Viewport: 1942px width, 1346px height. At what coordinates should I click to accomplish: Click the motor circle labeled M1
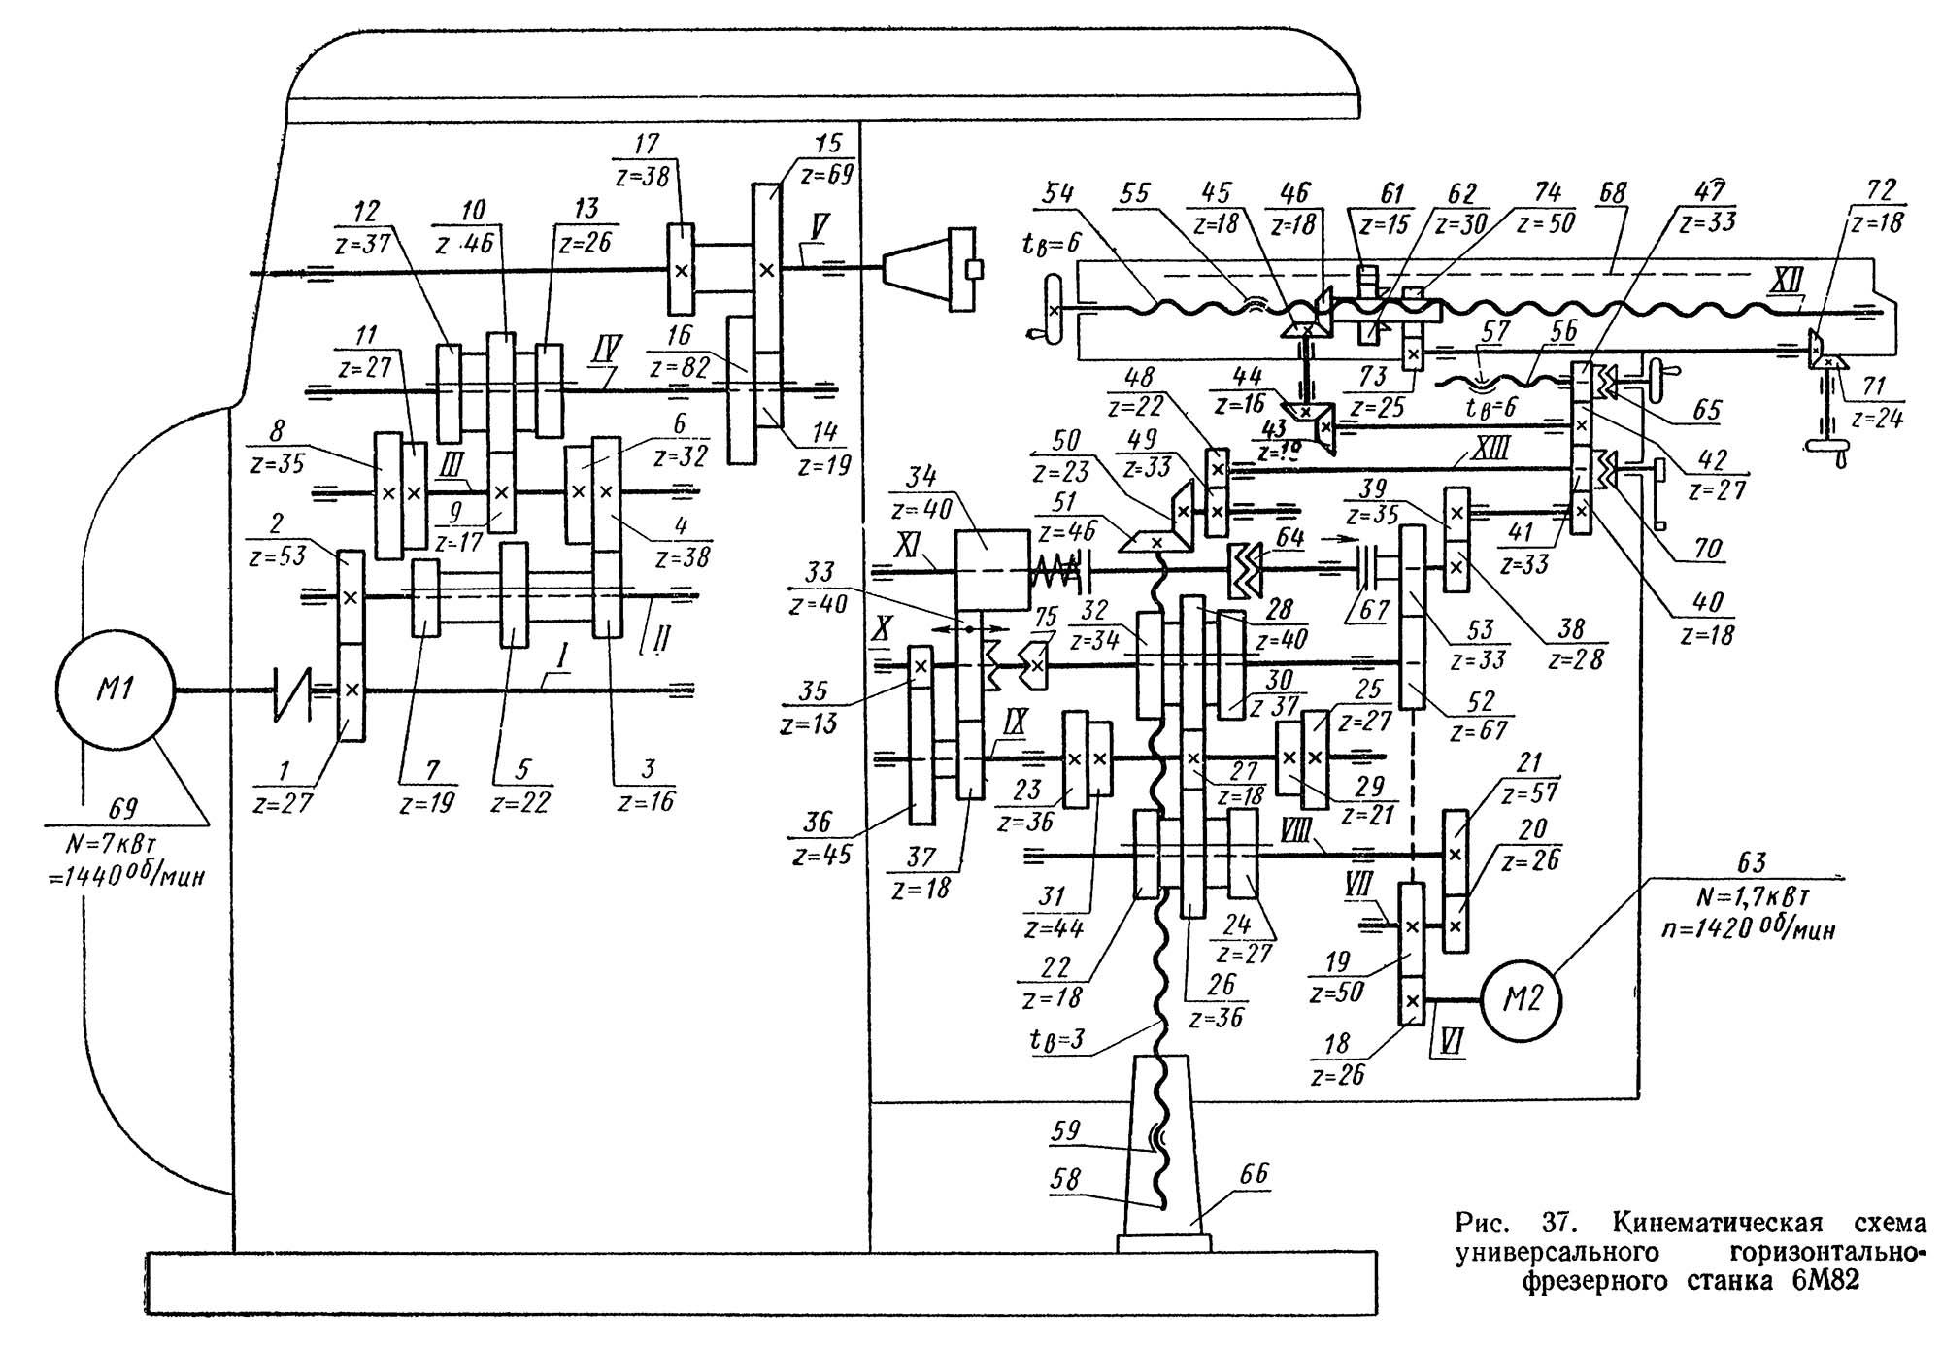tap(115, 690)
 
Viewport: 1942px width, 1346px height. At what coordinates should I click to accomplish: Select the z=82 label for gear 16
tap(681, 368)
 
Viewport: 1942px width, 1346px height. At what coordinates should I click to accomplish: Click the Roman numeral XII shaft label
tap(1780, 282)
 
